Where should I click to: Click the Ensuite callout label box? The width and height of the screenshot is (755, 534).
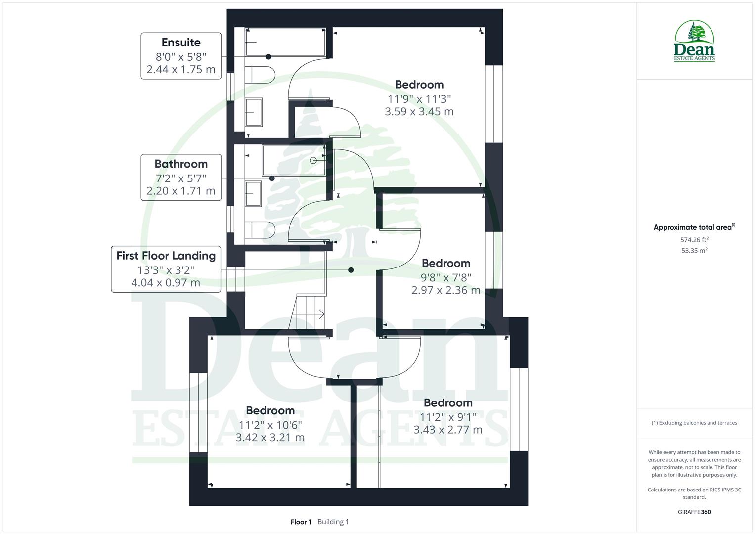(181, 56)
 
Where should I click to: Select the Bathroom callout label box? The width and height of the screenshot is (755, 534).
(181, 178)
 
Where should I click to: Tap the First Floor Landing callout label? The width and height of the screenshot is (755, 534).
(166, 269)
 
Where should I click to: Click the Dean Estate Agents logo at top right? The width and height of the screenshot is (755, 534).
(694, 42)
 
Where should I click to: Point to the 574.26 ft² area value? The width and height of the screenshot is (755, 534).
(694, 240)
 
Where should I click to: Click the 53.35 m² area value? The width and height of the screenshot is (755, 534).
(694, 251)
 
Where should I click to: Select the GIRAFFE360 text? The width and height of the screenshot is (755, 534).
(694, 512)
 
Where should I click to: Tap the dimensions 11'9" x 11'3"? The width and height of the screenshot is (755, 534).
(419, 98)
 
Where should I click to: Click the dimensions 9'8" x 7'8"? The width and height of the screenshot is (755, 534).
(446, 277)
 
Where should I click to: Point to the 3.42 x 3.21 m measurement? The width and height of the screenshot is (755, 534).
(270, 438)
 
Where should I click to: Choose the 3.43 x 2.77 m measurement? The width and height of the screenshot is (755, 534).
(448, 430)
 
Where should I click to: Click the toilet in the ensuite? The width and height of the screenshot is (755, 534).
(261, 76)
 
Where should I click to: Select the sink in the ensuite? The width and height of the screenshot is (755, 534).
(254, 112)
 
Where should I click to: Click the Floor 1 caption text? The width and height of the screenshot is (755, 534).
(301, 522)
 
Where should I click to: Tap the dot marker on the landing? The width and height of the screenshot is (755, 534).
(351, 270)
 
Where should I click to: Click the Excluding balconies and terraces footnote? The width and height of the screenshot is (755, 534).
(694, 423)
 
